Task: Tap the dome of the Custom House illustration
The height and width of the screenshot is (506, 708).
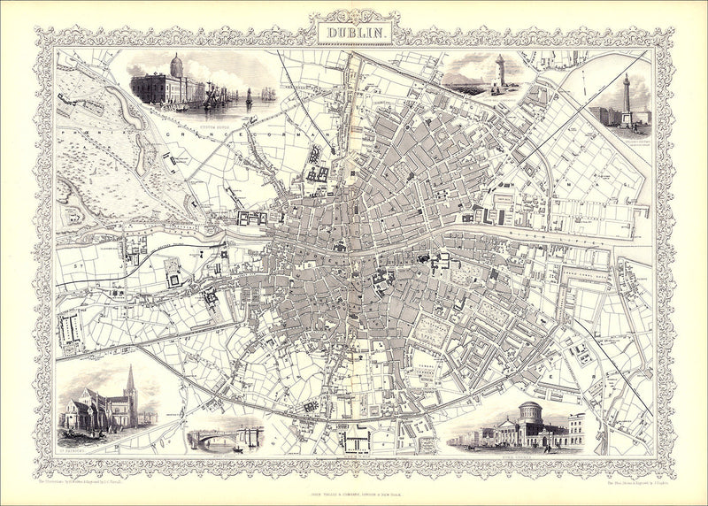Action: pos(175,65)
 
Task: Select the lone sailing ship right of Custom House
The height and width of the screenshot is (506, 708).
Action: pos(249,95)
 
